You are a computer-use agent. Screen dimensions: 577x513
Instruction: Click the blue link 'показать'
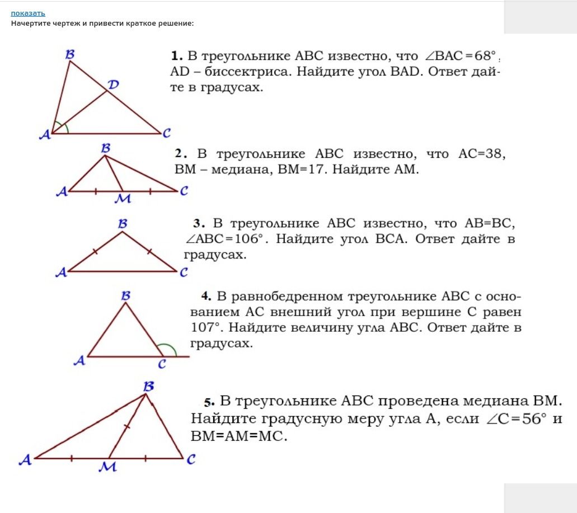pyautogui.click(x=28, y=13)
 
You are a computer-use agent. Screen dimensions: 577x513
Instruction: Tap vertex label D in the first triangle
pyautogui.click(x=113, y=84)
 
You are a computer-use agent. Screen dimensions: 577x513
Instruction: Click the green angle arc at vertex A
pyautogui.click(x=65, y=126)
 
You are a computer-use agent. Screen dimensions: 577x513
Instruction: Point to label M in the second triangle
pyautogui.click(x=123, y=199)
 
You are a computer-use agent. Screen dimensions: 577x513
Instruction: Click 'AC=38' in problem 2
pyautogui.click(x=481, y=153)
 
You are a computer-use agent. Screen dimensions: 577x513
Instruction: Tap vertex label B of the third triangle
pyautogui.click(x=123, y=224)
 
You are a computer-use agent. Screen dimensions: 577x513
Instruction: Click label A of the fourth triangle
pyautogui.click(x=79, y=360)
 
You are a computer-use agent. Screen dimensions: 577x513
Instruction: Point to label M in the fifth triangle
pyautogui.click(x=107, y=467)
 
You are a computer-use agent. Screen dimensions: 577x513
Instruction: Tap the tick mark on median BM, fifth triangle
pyautogui.click(x=127, y=427)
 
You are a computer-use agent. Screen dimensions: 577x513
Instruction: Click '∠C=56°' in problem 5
pyautogui.click(x=517, y=418)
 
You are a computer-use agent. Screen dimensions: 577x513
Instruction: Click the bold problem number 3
pyautogui.click(x=199, y=223)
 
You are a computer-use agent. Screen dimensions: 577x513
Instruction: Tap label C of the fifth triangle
pyautogui.click(x=191, y=459)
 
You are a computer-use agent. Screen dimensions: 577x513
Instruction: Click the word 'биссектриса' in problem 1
pyautogui.click(x=248, y=71)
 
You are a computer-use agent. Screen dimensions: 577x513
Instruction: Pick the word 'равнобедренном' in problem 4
pyautogui.click(x=287, y=296)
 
